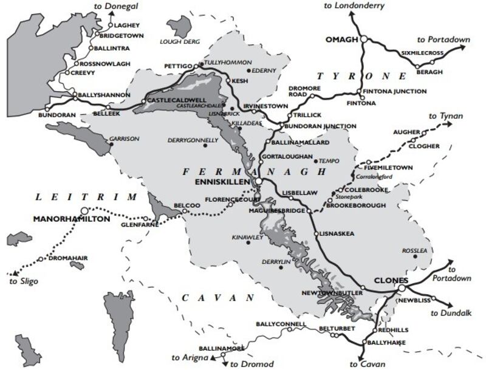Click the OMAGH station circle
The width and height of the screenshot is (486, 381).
(x=363, y=39)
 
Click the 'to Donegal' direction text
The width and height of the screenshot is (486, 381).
(x=117, y=5)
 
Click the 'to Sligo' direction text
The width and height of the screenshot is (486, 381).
(x=24, y=281)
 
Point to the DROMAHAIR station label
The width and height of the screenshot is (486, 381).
(x=67, y=258)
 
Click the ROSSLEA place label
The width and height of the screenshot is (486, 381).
(x=416, y=250)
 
